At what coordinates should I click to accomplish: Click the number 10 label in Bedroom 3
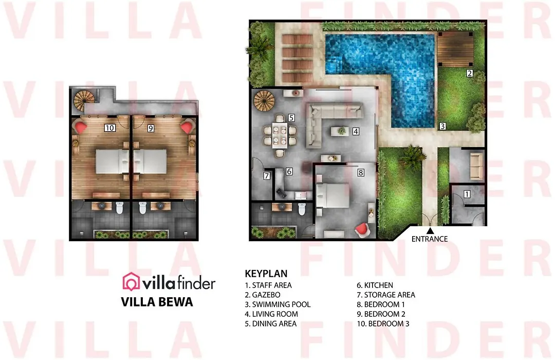110,128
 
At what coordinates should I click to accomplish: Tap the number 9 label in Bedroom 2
151,128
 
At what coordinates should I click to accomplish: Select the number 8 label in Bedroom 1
361,173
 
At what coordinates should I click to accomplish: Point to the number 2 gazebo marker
470,74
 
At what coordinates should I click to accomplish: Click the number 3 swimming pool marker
442,126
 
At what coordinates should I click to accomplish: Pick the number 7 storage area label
267,175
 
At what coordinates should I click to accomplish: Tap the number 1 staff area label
467,194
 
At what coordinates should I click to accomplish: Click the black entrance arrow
430,231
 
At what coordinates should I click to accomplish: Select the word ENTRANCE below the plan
429,239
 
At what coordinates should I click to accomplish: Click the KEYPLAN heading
266,274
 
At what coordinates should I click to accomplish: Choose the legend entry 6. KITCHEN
375,285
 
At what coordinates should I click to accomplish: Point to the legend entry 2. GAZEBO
263,295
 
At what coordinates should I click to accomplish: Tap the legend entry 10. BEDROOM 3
383,323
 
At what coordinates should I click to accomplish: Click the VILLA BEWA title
157,302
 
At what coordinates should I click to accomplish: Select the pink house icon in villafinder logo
131,282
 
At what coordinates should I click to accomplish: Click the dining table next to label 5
280,135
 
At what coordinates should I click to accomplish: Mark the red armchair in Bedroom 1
362,229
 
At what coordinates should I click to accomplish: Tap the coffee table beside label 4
340,132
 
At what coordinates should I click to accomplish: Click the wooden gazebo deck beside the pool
455,49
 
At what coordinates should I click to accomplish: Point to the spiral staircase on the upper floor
84,101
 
